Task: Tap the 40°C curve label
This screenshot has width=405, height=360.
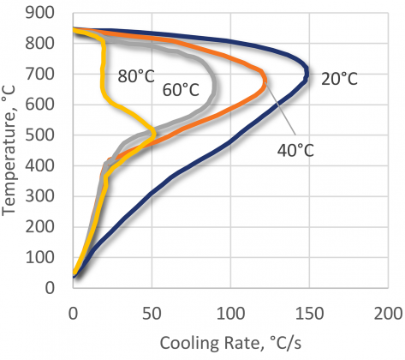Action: (295, 151)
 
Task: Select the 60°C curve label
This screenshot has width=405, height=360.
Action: (182, 89)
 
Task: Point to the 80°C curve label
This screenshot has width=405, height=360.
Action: (135, 76)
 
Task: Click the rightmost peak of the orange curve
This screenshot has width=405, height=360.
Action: (265, 82)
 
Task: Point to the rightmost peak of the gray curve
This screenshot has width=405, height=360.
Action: (213, 89)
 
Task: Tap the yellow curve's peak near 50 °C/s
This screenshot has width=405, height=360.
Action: (154, 134)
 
